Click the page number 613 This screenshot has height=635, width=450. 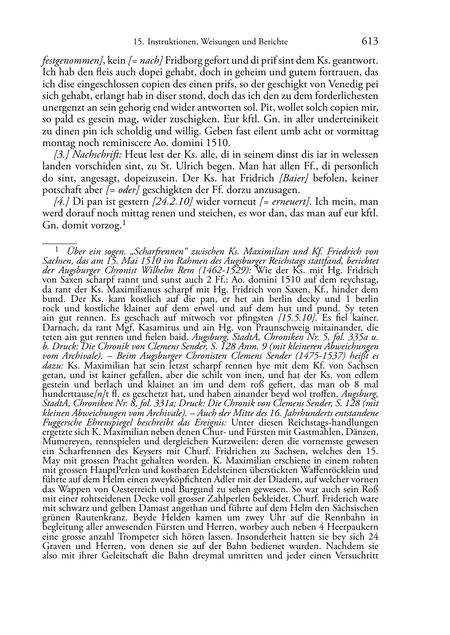coord(370,42)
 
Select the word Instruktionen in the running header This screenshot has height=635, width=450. coord(172,42)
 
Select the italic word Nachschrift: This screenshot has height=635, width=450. coord(97,155)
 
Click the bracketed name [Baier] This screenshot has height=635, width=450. coord(294,178)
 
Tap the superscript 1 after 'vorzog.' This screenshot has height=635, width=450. coord(123,223)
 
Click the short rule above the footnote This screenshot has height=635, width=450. coord(59,244)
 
